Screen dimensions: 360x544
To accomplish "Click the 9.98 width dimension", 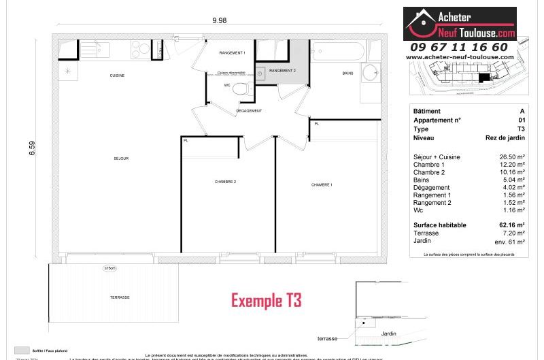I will pyautogui.click(x=219, y=20).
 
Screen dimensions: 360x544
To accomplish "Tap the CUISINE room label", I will pyautogui.click(x=117, y=76).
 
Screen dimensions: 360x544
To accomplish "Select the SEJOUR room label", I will pyautogui.click(x=121, y=159).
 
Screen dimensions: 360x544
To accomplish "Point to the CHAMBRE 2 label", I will pyautogui.click(x=225, y=182).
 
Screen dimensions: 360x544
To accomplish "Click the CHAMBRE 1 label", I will pyautogui.click(x=322, y=185).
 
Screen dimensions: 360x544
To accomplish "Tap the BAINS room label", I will pyautogui.click(x=347, y=73).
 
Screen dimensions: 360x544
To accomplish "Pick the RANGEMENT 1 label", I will pyautogui.click(x=233, y=53).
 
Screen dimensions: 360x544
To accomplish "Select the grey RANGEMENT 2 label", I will pyautogui.click(x=282, y=71).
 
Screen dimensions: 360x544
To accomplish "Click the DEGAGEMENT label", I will pyautogui.click(x=249, y=110).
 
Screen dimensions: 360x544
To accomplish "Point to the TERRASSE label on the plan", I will pyautogui.click(x=120, y=298).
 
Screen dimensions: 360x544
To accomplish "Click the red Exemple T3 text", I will pyautogui.click(x=266, y=300).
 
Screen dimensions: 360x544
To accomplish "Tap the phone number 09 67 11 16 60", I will pyautogui.click(x=459, y=47).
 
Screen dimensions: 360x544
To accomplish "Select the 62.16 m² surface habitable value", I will pyautogui.click(x=511, y=225).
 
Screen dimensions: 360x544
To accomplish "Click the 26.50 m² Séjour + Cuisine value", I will pyautogui.click(x=511, y=157).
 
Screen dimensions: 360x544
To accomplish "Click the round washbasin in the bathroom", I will pyautogui.click(x=371, y=73).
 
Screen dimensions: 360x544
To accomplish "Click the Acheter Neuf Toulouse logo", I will pyautogui.click(x=460, y=24).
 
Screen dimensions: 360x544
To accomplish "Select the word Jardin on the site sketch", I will pyautogui.click(x=389, y=333).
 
